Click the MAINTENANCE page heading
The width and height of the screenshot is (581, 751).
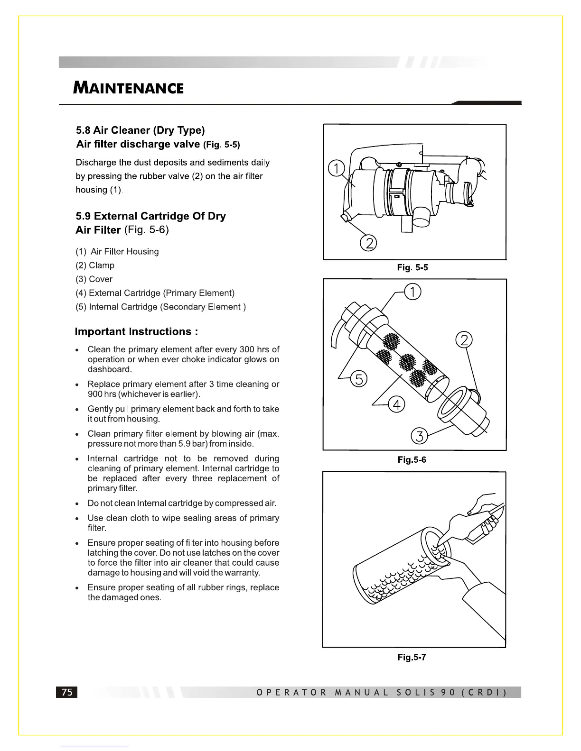(128, 88)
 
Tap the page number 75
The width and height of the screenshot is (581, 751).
(67, 692)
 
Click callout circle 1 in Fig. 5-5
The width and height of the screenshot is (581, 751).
(336, 169)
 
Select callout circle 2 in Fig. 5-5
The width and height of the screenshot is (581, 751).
(368, 243)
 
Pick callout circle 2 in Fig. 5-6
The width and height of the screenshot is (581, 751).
(463, 340)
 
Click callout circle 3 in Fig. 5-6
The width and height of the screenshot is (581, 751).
(419, 435)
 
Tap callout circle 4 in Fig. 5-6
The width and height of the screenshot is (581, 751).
(396, 404)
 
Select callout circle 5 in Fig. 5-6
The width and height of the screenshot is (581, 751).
(359, 379)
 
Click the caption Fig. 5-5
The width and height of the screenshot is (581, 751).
(412, 267)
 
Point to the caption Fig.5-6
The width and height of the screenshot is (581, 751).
(412, 460)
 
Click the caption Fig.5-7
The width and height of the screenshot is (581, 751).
(412, 657)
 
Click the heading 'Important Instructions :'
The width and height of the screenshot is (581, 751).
(136, 331)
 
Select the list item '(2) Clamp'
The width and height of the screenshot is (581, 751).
(95, 266)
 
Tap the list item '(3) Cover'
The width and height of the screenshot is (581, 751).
(94, 279)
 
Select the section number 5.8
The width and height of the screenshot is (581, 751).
(83, 130)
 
